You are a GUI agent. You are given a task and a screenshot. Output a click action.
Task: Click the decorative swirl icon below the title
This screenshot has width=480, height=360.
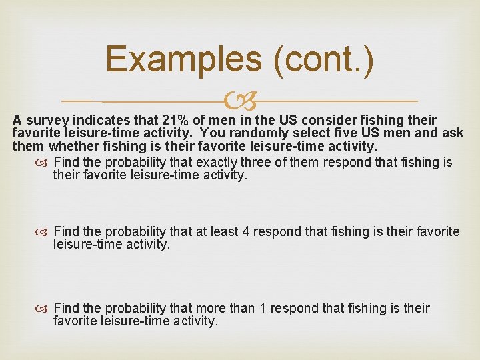239,101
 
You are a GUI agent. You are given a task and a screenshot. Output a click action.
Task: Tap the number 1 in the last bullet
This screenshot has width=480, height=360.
263,309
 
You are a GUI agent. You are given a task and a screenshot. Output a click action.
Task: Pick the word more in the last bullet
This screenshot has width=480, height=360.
211,309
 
